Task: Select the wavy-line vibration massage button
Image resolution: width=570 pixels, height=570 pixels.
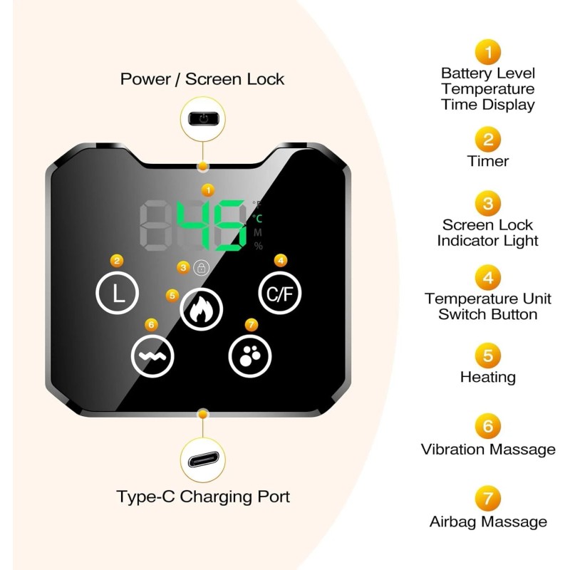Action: [152, 356]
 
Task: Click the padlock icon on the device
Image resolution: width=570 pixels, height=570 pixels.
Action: [202, 269]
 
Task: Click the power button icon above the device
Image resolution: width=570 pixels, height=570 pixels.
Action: [204, 118]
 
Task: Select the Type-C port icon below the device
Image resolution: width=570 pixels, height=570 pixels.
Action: [204, 460]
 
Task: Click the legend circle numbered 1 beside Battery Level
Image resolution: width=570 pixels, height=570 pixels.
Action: [487, 51]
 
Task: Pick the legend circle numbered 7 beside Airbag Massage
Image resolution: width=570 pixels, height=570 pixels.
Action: [487, 498]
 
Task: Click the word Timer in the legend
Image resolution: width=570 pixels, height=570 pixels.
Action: [488, 161]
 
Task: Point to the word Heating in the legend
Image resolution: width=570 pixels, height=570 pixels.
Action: [488, 377]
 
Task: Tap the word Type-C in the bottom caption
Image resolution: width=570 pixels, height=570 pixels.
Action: [145, 497]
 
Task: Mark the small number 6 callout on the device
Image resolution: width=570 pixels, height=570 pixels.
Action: [150, 324]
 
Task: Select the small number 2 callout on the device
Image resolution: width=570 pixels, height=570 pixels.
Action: [117, 261]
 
